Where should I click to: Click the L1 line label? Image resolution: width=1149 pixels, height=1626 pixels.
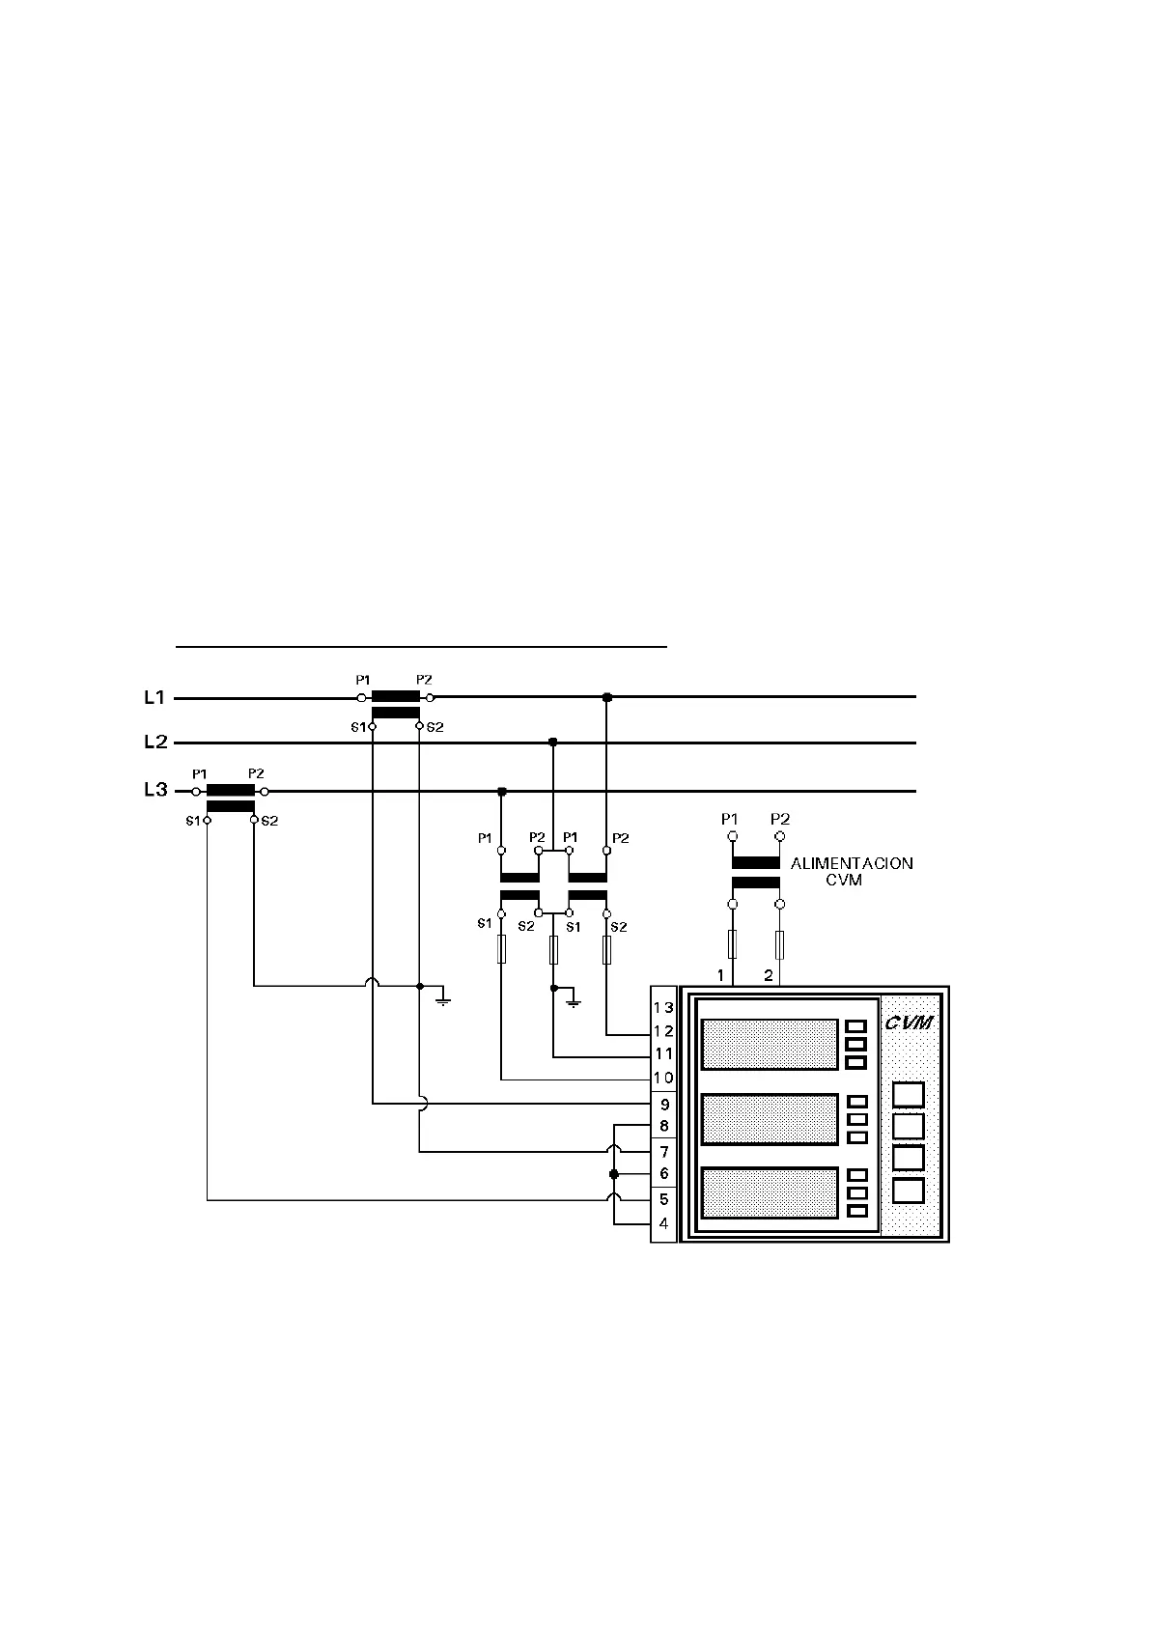(x=154, y=697)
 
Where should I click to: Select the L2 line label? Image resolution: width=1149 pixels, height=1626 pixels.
(x=155, y=743)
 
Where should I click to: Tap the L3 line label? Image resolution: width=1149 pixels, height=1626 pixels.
(x=155, y=790)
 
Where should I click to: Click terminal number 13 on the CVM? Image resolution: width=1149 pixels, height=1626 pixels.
(x=663, y=1008)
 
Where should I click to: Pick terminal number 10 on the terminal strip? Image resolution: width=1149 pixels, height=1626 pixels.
(x=663, y=1078)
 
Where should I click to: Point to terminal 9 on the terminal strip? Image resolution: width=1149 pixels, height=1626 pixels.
(x=664, y=1105)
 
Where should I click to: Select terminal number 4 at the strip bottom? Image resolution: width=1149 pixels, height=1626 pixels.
(x=664, y=1223)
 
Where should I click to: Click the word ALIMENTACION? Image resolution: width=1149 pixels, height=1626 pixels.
(x=852, y=863)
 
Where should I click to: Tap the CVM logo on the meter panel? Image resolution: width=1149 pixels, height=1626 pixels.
(x=910, y=1023)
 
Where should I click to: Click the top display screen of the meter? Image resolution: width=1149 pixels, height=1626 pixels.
(x=770, y=1044)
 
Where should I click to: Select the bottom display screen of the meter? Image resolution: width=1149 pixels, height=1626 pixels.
(x=770, y=1192)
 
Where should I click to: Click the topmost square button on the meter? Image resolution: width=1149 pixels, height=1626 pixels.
(x=909, y=1095)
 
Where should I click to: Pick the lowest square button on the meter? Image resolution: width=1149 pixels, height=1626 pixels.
(x=909, y=1191)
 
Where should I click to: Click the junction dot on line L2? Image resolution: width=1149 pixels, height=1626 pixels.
(x=552, y=743)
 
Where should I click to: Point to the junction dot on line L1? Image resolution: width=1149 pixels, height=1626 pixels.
(x=606, y=697)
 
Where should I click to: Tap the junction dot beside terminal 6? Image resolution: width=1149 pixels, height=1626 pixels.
(x=614, y=1174)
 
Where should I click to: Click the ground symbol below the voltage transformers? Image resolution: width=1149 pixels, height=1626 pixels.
(x=574, y=1000)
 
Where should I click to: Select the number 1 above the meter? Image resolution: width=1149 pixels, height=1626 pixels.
(x=720, y=975)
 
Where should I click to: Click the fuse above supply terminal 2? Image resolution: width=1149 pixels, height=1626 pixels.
(x=779, y=944)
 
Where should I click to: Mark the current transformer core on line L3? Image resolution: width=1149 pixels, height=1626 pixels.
(x=231, y=791)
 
